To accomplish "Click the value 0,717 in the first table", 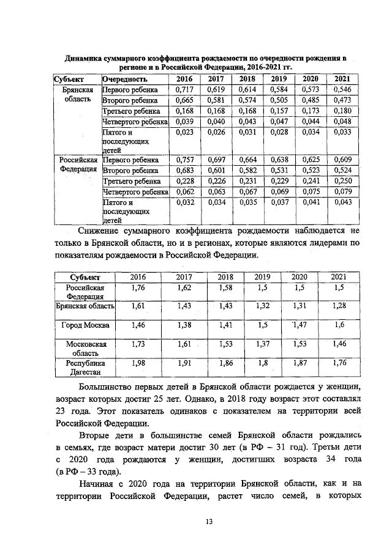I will tap(184, 90).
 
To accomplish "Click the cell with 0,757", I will tap(184, 159).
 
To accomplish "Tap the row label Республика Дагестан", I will tap(85, 367).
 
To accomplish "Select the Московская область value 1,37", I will tap(262, 344).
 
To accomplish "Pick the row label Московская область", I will tap(85, 349).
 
